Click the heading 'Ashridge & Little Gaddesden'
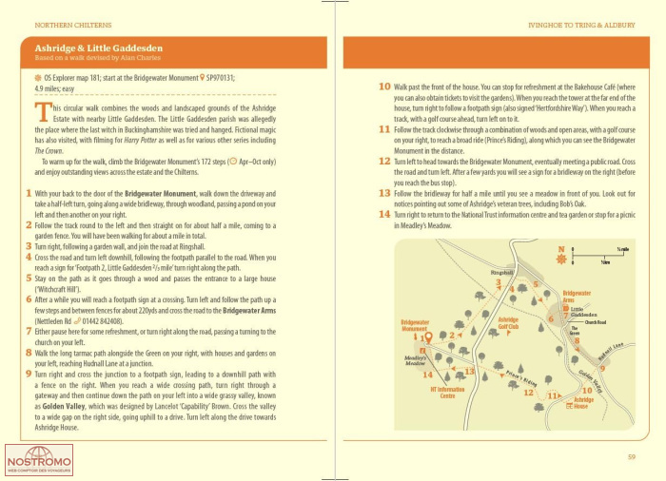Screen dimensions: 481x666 click(99, 47)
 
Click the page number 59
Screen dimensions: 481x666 click(631, 457)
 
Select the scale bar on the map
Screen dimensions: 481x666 click(601, 254)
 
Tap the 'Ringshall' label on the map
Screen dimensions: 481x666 click(501, 272)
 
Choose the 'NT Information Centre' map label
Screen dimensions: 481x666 click(446, 391)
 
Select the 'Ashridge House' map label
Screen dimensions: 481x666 click(584, 403)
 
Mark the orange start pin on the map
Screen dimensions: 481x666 click(427, 337)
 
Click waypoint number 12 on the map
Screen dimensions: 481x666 click(528, 393)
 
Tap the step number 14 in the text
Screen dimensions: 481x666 click(383, 214)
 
